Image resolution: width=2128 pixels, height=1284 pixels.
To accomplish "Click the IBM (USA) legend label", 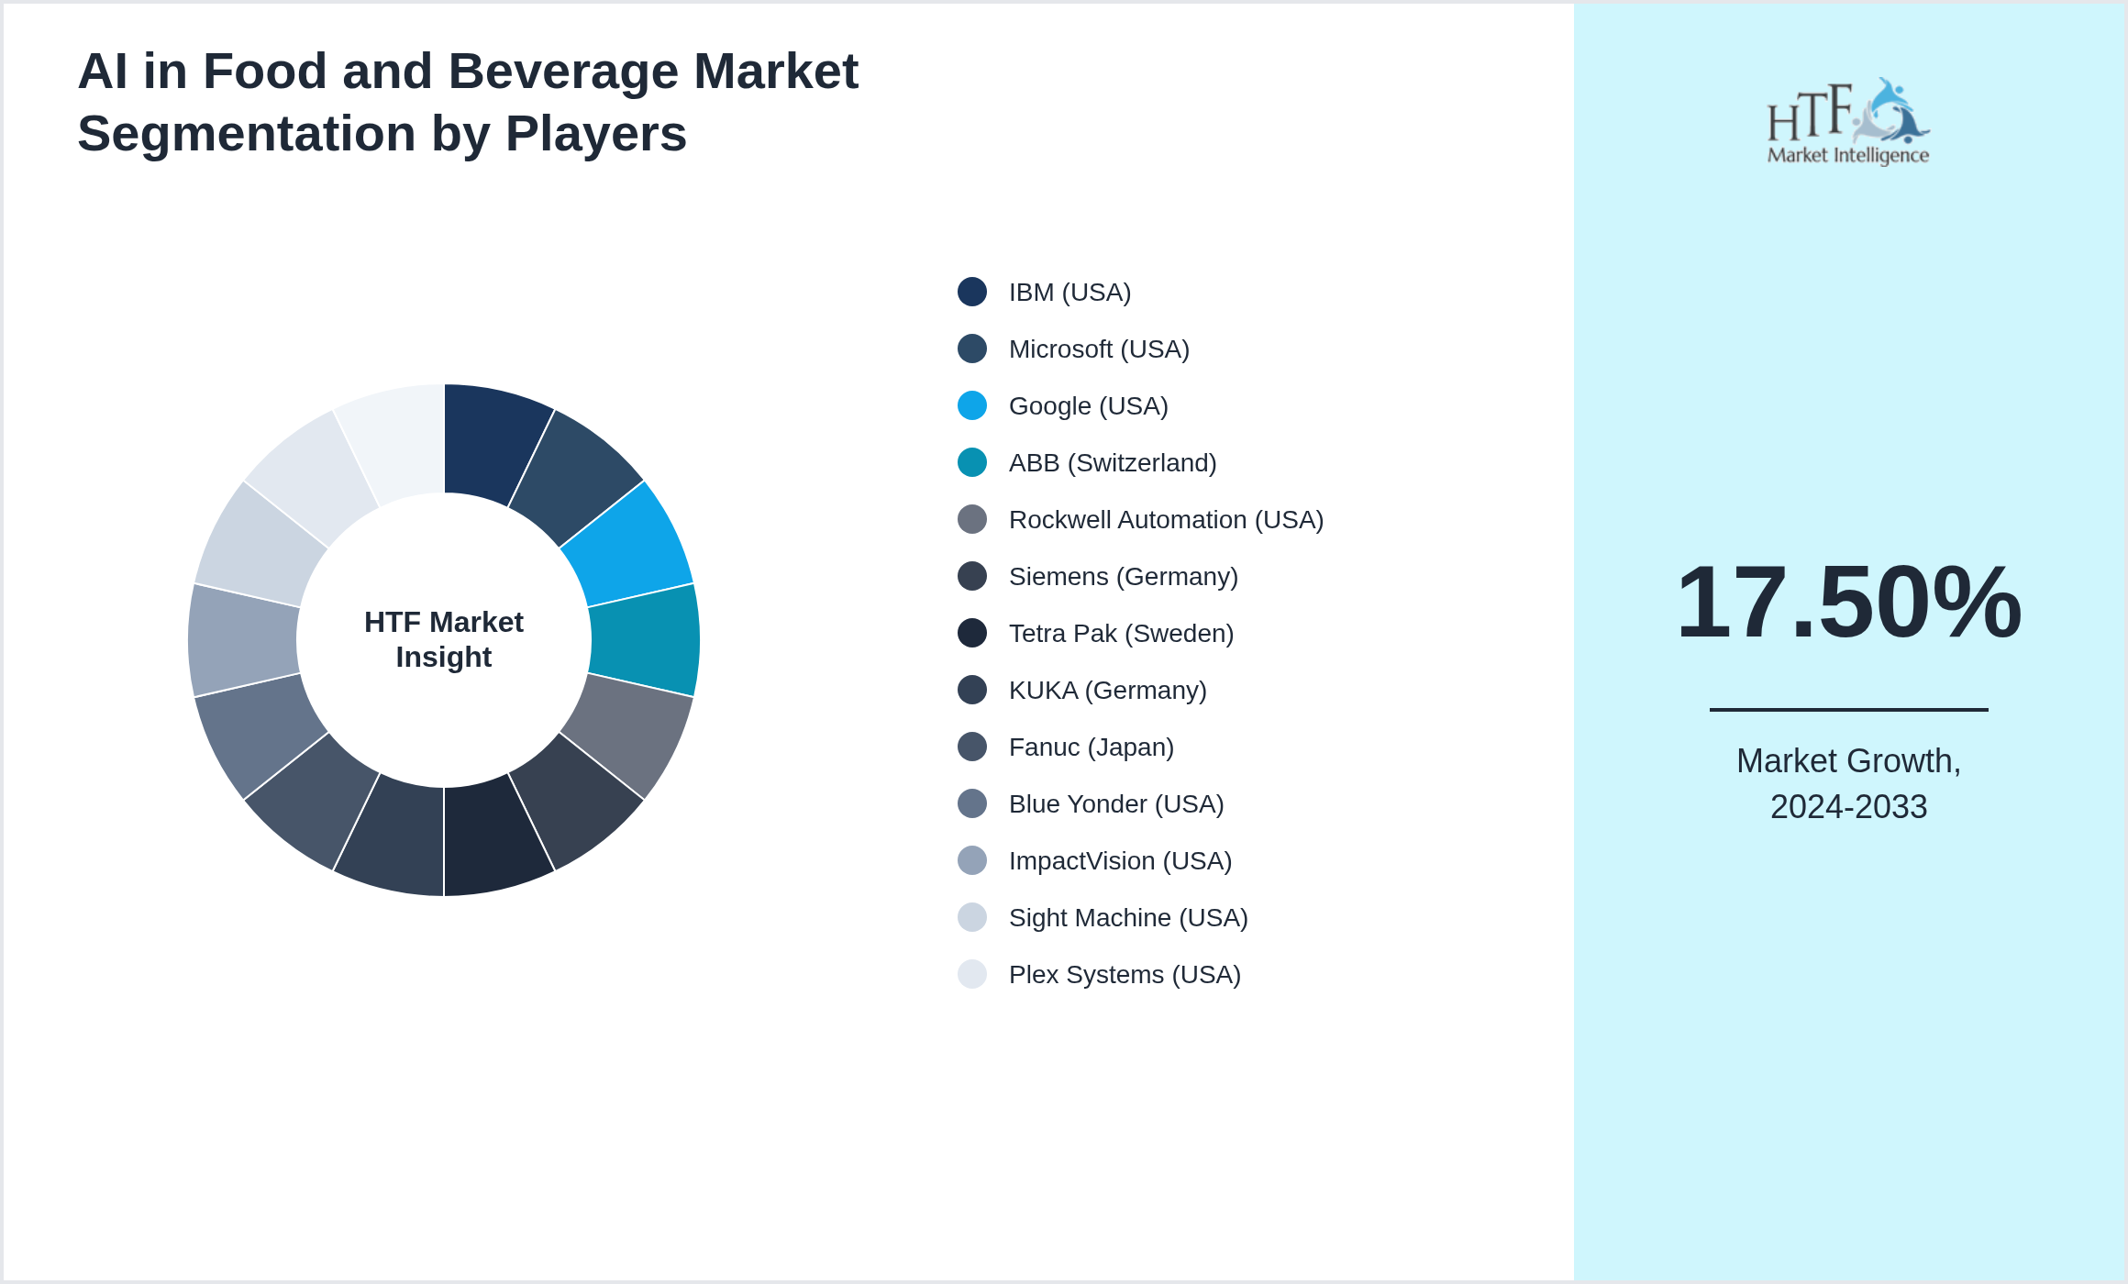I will pyautogui.click(x=1070, y=292).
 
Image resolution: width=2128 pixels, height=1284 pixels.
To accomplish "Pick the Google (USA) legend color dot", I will pyautogui.click(x=972, y=405).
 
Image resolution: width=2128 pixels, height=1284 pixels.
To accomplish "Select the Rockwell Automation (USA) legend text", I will pyautogui.click(x=1166, y=519).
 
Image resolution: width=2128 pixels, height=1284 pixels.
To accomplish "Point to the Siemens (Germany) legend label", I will pyautogui.click(x=1123, y=576).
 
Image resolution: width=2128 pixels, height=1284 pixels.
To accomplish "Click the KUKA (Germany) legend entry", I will pyautogui.click(x=1107, y=690).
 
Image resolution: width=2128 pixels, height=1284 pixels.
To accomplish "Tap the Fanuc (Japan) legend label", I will pyautogui.click(x=1091, y=747).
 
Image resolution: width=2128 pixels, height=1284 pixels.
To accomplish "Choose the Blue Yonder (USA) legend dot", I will pyautogui.click(x=972, y=803).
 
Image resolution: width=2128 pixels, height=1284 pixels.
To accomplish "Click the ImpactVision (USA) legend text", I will pyautogui.click(x=1120, y=860).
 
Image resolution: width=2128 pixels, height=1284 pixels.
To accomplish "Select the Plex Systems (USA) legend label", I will pyautogui.click(x=1125, y=974).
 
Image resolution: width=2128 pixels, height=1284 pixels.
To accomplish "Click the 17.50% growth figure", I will pyautogui.click(x=1848, y=603).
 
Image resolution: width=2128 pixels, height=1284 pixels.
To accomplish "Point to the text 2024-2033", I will pyautogui.click(x=1848, y=807).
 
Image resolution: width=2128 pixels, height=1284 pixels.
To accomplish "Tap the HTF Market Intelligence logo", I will pyautogui.click(x=1848, y=122).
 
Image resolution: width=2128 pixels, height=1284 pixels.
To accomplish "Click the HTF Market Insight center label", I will pyautogui.click(x=444, y=639).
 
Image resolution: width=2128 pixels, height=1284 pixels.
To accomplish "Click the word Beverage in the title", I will pyautogui.click(x=562, y=72).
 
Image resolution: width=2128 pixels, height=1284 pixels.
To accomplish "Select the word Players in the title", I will pyautogui.click(x=596, y=134).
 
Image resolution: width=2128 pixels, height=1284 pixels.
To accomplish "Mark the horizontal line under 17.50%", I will pyautogui.click(x=1848, y=709).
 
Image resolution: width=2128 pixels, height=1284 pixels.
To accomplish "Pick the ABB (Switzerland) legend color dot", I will pyautogui.click(x=972, y=462).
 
